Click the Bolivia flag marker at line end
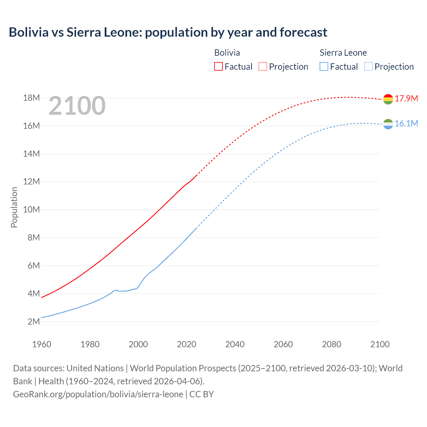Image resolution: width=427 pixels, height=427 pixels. click(x=388, y=99)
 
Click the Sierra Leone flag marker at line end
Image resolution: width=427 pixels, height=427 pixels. click(x=388, y=124)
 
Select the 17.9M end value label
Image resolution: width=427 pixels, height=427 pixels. click(x=406, y=98)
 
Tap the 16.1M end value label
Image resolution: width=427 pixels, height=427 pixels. click(x=406, y=123)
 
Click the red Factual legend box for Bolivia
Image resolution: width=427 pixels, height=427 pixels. click(x=218, y=66)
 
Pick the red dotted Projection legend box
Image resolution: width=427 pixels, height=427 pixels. click(x=263, y=66)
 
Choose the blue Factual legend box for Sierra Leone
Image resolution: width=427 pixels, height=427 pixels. click(x=324, y=66)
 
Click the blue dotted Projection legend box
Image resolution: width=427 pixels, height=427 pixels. click(x=368, y=66)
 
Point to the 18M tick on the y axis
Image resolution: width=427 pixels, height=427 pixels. click(x=31, y=98)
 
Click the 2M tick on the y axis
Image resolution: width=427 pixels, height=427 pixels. click(x=33, y=322)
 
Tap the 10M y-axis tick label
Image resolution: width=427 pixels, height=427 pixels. click(x=31, y=209)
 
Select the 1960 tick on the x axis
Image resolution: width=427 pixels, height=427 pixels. click(x=42, y=344)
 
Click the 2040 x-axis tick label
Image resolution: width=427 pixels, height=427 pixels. click(x=235, y=344)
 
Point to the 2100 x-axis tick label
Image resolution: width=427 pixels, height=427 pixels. click(x=380, y=344)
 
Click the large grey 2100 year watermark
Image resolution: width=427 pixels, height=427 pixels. click(x=77, y=106)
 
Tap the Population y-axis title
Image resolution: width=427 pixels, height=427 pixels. click(x=14, y=207)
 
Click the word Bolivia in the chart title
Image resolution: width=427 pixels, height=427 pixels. click(x=29, y=32)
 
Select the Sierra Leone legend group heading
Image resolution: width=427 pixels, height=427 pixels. click(x=343, y=53)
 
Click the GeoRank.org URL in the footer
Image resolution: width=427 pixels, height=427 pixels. click(x=98, y=394)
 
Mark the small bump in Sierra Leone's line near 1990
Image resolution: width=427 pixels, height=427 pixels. click(x=116, y=290)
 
